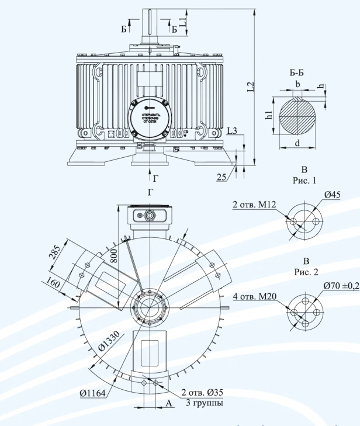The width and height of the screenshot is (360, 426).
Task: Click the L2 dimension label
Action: (250, 87)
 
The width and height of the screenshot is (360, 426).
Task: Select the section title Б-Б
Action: (297, 72)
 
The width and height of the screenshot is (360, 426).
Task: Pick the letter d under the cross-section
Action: (298, 143)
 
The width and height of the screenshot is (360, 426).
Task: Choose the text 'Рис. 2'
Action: (304, 273)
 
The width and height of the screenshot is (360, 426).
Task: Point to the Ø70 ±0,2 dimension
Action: (341, 286)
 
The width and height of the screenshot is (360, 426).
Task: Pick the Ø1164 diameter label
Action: (92, 393)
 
